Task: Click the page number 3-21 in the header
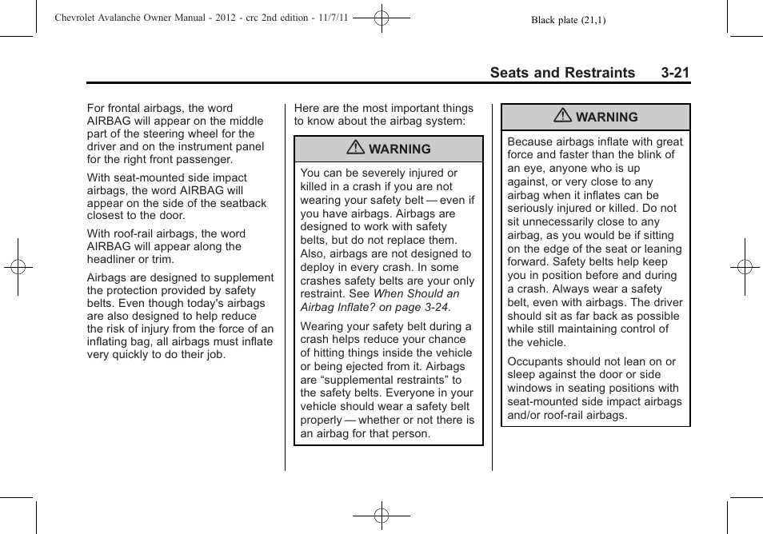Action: pyautogui.click(x=675, y=73)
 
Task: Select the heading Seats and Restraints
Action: pyautogui.click(x=562, y=73)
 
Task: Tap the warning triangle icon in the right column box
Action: pyautogui.click(x=563, y=117)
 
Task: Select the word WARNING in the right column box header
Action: pyautogui.click(x=607, y=118)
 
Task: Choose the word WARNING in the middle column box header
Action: pyautogui.click(x=400, y=149)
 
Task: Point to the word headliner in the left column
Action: pyautogui.click(x=112, y=259)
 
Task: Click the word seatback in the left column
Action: pyautogui.click(x=242, y=203)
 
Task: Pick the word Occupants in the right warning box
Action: pyautogui.click(x=533, y=361)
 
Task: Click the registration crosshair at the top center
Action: pyautogui.click(x=381, y=16)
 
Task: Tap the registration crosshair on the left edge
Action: pyautogui.click(x=18, y=267)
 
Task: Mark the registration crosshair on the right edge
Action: pyautogui.click(x=745, y=267)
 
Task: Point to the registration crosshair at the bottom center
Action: pyautogui.click(x=381, y=516)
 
